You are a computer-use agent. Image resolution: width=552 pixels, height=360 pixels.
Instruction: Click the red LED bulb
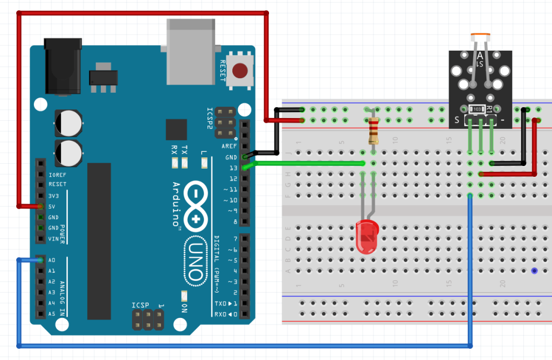point(368,236)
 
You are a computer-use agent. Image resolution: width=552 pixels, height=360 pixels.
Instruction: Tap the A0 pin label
point(52,260)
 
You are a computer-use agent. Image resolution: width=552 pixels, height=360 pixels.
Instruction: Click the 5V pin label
point(52,206)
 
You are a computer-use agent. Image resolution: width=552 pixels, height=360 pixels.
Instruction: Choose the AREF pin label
point(229,147)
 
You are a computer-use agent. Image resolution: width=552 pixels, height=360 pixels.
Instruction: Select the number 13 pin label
point(233,168)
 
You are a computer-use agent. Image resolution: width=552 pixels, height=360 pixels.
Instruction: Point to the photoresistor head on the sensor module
point(480,38)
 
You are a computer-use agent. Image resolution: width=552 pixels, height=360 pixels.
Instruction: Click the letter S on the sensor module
point(457,120)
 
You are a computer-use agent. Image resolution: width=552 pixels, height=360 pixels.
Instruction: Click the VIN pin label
point(53,239)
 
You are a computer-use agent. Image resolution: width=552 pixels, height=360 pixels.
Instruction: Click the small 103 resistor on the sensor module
point(476,109)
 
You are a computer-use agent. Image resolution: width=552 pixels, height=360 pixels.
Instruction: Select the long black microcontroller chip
point(99,240)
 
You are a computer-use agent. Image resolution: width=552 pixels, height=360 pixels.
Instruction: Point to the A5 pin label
point(52,314)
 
